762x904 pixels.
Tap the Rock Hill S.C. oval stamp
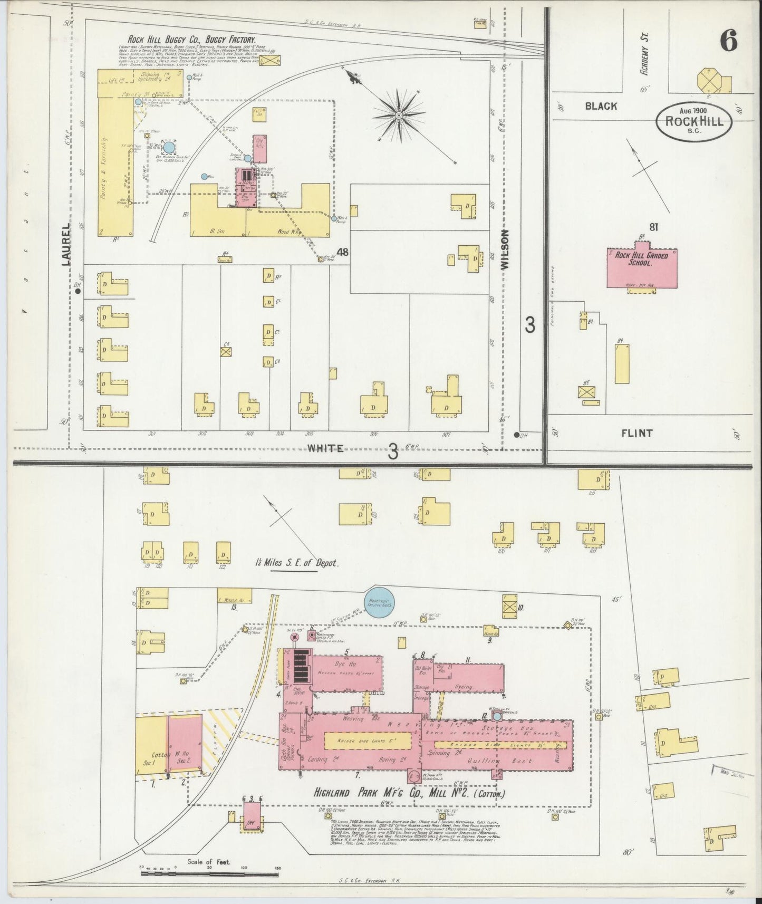(x=693, y=121)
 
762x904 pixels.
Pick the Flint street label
(x=637, y=434)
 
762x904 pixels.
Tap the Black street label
(x=601, y=106)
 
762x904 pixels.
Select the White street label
(x=325, y=448)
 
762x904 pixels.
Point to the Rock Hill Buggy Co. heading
(x=191, y=40)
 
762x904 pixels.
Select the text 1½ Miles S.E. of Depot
(x=296, y=563)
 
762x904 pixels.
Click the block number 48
(x=342, y=252)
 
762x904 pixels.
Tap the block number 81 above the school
(x=654, y=227)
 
